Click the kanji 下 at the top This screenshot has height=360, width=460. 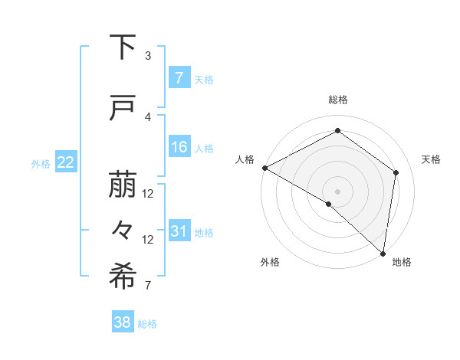[123, 47]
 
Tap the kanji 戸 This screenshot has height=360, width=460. [123, 108]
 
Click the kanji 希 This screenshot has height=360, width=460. [123, 277]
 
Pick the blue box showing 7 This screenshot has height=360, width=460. [179, 78]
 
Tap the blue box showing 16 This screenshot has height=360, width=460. [179, 147]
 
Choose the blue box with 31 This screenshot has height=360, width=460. [179, 231]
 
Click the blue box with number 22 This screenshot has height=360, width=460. [65, 162]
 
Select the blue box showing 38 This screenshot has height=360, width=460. [123, 322]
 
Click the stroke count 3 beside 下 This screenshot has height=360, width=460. [148, 56]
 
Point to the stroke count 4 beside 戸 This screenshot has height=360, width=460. [148, 117]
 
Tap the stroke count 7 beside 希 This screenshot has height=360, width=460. [148, 286]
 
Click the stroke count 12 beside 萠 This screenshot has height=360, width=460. [148, 194]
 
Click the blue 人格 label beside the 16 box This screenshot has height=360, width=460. [204, 148]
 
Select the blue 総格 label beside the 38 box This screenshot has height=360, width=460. [147, 324]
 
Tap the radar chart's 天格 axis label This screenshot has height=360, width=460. [431, 159]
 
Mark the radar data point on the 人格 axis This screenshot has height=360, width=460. [264, 168]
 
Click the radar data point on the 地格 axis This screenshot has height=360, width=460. [383, 253]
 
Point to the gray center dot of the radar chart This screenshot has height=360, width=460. [337, 191]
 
